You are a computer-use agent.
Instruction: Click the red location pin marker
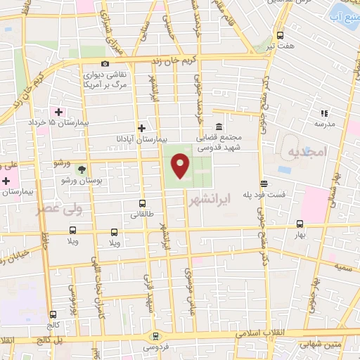(180, 167)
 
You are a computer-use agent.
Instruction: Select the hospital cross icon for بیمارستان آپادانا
(142, 128)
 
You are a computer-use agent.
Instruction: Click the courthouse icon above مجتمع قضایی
(220, 127)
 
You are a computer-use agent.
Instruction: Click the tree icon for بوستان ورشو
(82, 169)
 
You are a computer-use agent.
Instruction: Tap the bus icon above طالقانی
(143, 202)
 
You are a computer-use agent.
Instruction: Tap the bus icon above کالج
(53, 314)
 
